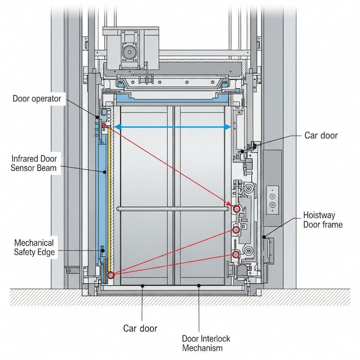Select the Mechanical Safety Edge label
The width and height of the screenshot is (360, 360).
(34, 247)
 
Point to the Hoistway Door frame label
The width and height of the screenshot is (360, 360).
(323, 220)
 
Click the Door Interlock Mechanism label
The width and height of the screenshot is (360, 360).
(206, 344)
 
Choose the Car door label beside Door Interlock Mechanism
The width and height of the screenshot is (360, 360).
(140, 328)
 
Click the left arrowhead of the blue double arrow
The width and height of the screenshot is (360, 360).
(117, 127)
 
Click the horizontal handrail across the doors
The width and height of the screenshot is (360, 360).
(172, 209)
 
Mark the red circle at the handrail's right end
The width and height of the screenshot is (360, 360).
(236, 209)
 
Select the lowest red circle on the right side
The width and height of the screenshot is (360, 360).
(236, 255)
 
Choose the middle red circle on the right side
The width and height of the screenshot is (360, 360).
(236, 230)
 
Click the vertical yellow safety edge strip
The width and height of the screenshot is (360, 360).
(109, 195)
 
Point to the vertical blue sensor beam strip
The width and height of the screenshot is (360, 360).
(100, 195)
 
